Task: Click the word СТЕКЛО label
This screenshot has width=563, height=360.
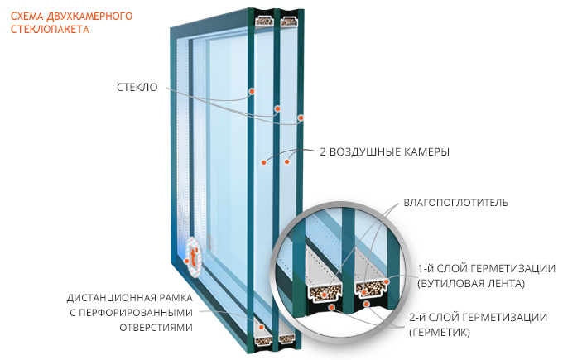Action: pyautogui.click(x=137, y=87)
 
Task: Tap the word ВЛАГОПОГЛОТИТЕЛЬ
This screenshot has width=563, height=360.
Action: pyautogui.click(x=455, y=203)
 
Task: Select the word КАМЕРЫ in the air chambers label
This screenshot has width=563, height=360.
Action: pyautogui.click(x=426, y=151)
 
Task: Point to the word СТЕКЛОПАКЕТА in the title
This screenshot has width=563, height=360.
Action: pyautogui.click(x=50, y=30)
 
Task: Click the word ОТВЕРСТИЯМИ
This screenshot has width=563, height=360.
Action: pyautogui.click(x=156, y=328)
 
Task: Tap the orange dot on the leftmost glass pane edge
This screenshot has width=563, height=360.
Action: pyautogui.click(x=252, y=92)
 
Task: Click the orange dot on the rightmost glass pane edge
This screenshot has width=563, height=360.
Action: pyautogui.click(x=301, y=118)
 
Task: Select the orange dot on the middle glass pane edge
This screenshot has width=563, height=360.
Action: pyautogui.click(x=277, y=108)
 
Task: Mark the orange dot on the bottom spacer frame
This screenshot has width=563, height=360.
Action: pyautogui.click(x=262, y=328)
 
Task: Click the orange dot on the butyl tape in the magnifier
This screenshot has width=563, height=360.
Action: pyautogui.click(x=387, y=282)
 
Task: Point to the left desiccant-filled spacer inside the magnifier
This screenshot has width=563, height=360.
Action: pyautogui.click(x=325, y=293)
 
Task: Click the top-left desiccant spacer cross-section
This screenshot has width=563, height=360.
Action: pyautogui.click(x=265, y=22)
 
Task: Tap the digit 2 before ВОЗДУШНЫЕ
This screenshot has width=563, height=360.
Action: pyautogui.click(x=323, y=151)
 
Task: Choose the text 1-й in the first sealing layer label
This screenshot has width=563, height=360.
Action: pyautogui.click(x=425, y=268)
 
